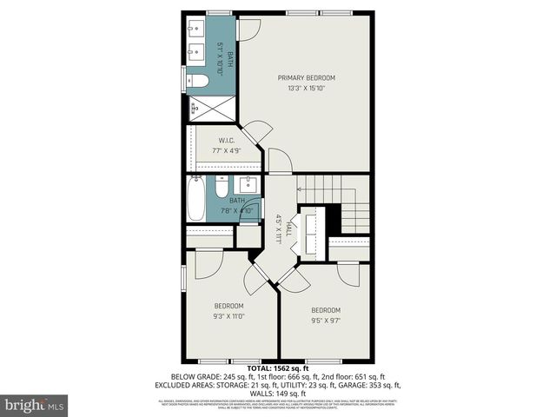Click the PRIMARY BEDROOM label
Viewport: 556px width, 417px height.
pos(307,77)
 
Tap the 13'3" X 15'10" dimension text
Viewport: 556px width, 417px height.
pos(307,88)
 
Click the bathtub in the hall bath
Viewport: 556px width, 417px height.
pos(196,199)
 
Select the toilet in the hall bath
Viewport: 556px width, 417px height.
pos(222,189)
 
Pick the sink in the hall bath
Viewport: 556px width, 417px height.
pos(249,183)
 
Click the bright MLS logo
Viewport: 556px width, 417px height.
pos(35,405)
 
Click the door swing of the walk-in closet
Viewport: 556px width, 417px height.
pos(256,132)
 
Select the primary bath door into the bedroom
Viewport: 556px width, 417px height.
pos(247,28)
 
